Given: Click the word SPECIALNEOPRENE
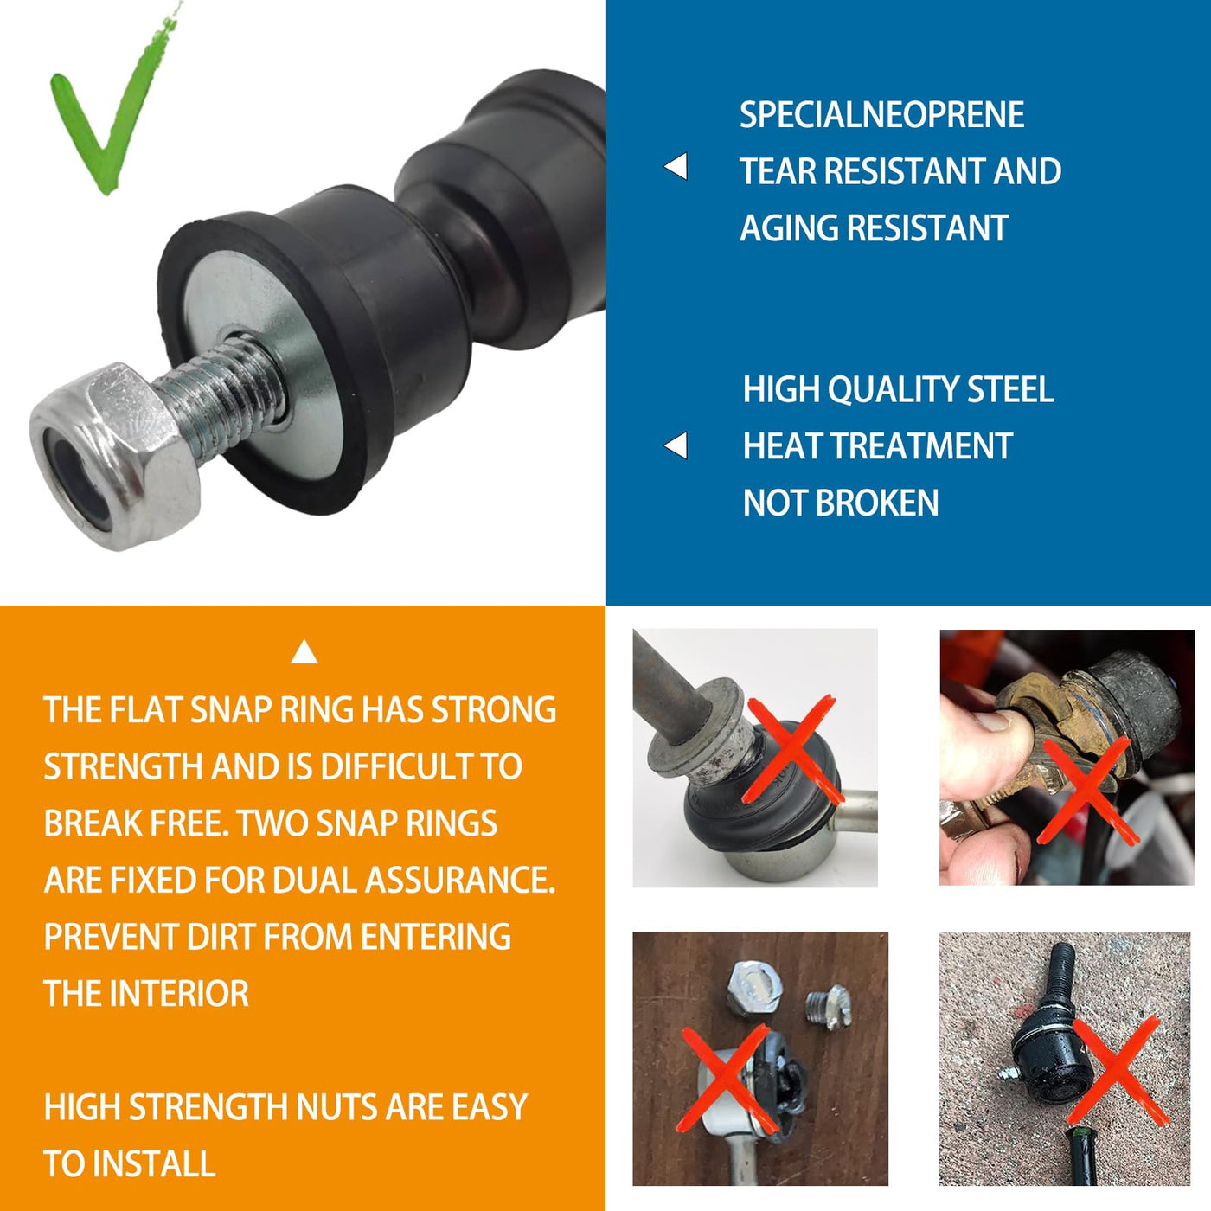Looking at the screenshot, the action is click(881, 115).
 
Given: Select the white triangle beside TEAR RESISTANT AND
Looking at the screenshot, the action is click(676, 167).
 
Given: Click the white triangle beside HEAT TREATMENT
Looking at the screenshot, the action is click(676, 445).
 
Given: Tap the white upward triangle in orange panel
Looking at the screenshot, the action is click(304, 652).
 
